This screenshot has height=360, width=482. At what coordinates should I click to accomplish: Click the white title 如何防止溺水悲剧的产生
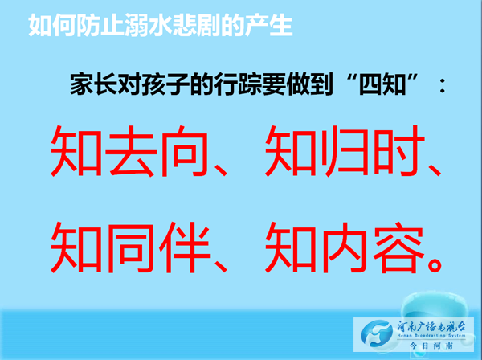click(160, 25)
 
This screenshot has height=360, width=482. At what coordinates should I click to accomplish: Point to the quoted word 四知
click(382, 84)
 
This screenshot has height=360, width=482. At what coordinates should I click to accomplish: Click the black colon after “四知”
click(443, 85)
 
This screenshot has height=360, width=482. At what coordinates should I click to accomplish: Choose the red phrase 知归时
click(345, 151)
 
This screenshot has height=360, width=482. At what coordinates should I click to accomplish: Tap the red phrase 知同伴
click(131, 247)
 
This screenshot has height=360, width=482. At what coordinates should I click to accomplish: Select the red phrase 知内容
click(345, 247)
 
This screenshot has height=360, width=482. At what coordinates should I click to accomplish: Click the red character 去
click(131, 151)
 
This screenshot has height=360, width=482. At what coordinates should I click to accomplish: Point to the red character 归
click(345, 151)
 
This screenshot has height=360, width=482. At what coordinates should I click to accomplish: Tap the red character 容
click(398, 247)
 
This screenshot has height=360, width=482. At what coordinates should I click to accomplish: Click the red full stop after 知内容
click(435, 264)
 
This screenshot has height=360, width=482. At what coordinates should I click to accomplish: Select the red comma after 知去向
click(220, 170)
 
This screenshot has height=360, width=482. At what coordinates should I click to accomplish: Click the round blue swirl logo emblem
click(378, 334)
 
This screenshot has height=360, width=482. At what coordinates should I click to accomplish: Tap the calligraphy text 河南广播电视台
click(431, 326)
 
